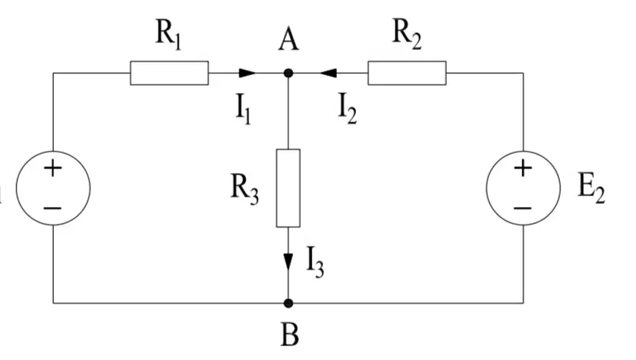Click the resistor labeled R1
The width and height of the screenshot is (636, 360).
coord(169,73)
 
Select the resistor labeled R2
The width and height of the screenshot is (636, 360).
coord(407,73)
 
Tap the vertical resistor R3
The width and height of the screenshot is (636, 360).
coord(288,188)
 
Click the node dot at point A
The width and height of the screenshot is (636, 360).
coord(288,73)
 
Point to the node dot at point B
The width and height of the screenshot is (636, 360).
coord(288,303)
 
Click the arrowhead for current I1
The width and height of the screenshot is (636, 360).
coord(248,73)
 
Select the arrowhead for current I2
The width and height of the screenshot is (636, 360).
coord(328,73)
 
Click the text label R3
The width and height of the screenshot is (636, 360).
coord(245,188)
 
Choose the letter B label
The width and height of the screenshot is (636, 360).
coord(290,335)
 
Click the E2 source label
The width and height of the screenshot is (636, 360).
coord(591,188)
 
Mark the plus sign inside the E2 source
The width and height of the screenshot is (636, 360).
coord(523,168)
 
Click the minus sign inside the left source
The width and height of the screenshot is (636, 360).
coord(52,208)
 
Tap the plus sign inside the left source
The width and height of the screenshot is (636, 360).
coord(53,168)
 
